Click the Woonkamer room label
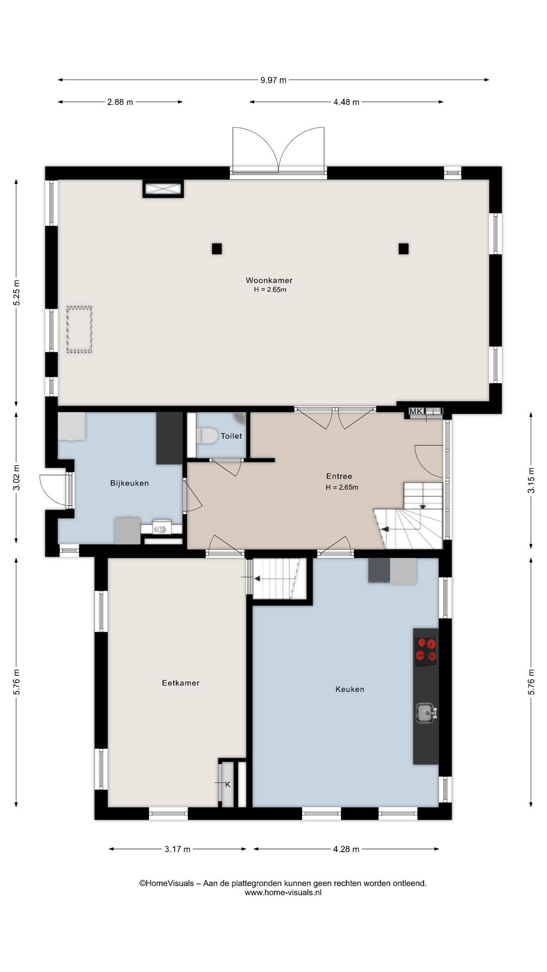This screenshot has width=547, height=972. (x=269, y=280)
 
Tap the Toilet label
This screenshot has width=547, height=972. (x=231, y=436)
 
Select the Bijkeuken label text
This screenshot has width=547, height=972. (x=130, y=483)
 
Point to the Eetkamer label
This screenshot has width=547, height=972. (x=181, y=683)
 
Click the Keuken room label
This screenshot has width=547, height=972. (x=349, y=689)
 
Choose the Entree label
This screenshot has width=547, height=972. (x=339, y=476)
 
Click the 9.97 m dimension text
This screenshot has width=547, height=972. (x=273, y=80)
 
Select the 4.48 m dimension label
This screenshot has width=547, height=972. (x=346, y=102)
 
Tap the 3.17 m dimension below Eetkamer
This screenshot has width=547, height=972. (x=177, y=849)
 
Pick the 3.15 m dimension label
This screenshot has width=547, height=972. (x=531, y=480)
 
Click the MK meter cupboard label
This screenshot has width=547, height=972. (x=416, y=411)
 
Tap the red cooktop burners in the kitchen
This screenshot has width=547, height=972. (x=426, y=651)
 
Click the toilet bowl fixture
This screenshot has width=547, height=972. (x=207, y=436)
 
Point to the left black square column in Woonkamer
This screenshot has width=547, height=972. (x=217, y=249)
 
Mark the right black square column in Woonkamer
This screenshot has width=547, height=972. (x=404, y=249)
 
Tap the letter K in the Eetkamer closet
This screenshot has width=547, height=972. (x=228, y=784)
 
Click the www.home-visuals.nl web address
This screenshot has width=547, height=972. (x=283, y=893)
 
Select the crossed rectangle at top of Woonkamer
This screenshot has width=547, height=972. (x=163, y=189)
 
